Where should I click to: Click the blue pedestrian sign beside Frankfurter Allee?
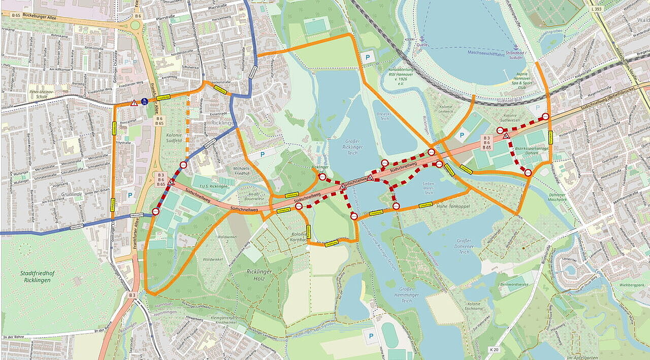tap(145, 101)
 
